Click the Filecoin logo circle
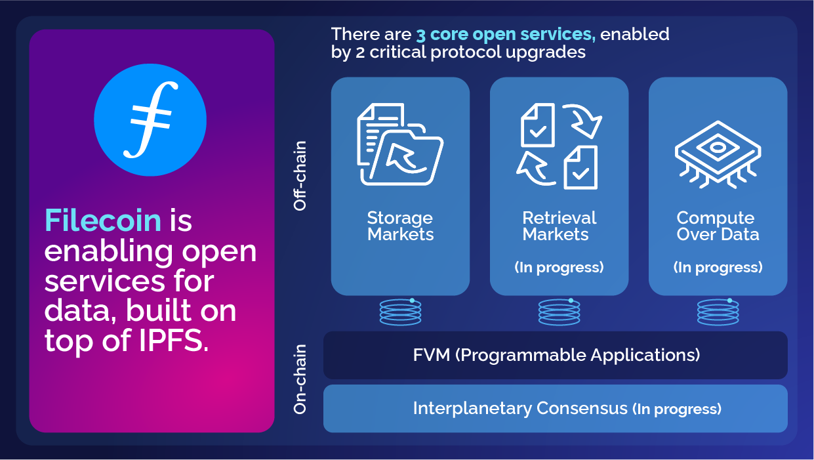point(150,120)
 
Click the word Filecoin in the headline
point(103,220)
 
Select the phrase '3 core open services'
point(505,34)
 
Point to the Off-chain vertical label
point(300,175)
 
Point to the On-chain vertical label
point(300,380)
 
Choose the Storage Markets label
point(400,226)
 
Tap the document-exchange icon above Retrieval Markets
point(560,146)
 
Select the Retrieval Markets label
point(560,226)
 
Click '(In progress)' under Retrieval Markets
point(560,267)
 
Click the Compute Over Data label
point(718,226)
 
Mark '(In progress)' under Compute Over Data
point(718,267)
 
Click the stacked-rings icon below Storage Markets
point(400,312)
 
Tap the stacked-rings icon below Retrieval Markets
point(560,312)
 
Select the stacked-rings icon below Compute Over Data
point(718,312)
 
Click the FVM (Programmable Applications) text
point(556,355)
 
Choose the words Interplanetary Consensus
point(520,408)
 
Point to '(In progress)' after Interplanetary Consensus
point(677,409)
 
